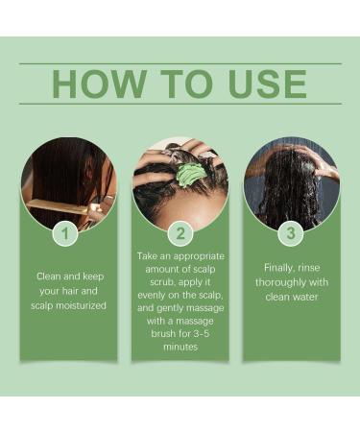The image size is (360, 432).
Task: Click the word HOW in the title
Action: [97, 84]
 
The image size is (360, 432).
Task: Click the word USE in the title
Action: [262, 84]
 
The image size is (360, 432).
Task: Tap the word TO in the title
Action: [179, 84]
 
